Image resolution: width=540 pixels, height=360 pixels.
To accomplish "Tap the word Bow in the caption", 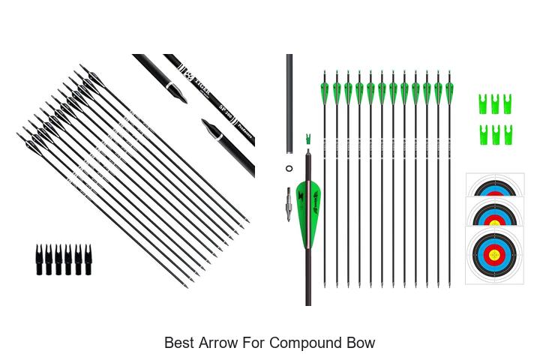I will [x=358, y=343].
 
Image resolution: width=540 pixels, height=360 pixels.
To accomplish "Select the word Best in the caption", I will [x=179, y=343].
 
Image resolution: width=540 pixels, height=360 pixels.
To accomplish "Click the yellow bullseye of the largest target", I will [x=494, y=254].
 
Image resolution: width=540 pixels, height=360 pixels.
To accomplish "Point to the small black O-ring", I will [x=289, y=169].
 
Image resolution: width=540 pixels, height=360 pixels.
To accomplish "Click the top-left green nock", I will [x=484, y=103].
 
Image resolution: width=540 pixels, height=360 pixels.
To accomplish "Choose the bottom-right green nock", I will [x=508, y=135].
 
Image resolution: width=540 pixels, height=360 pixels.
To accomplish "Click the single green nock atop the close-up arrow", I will [x=308, y=139].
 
